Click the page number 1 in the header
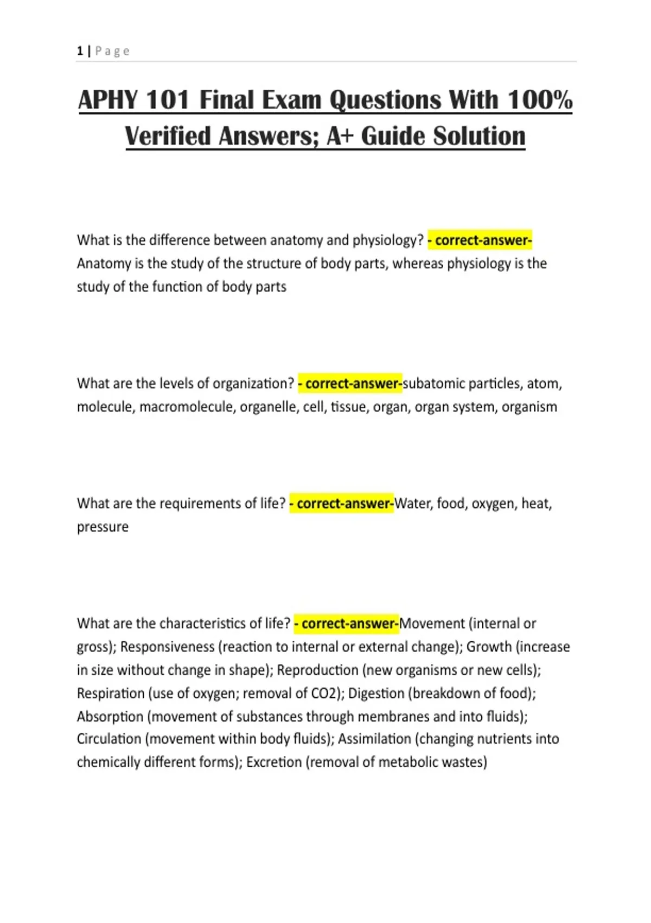tap(80, 51)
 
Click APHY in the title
tap(108, 100)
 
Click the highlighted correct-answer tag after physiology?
tap(480, 240)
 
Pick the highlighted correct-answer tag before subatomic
tap(350, 384)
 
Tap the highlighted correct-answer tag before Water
tap(342, 504)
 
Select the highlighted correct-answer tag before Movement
tap(347, 624)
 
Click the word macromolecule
tap(187, 407)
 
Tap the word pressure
tap(103, 527)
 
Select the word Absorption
tap(110, 717)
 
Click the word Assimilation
tap(374, 739)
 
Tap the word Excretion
tap(274, 762)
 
